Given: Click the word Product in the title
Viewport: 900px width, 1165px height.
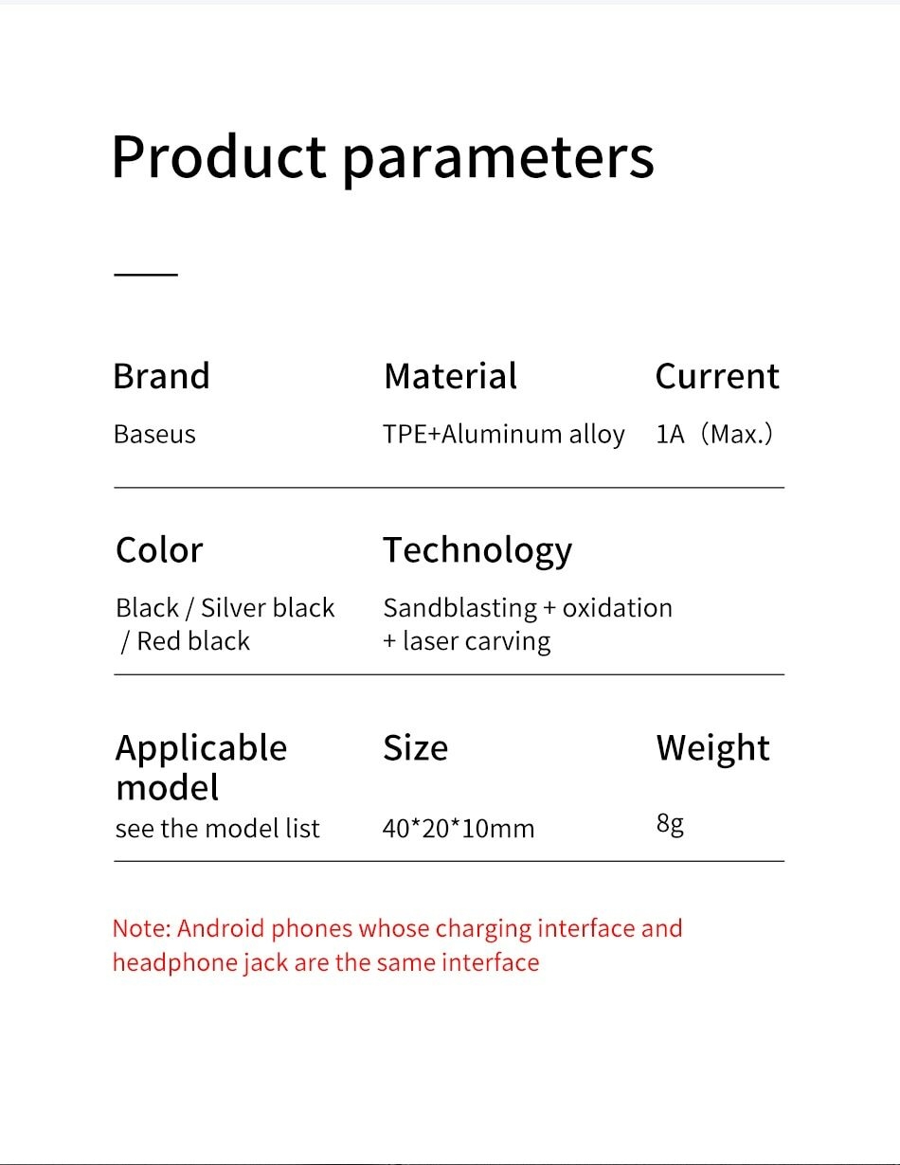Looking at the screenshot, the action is (x=219, y=156).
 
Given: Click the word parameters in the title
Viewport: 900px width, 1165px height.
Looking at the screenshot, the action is (x=498, y=160).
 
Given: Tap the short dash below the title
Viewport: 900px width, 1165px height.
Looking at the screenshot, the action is (x=146, y=275).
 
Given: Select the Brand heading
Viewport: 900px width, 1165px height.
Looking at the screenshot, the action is (x=161, y=376).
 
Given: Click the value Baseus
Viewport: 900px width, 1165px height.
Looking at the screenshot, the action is (x=154, y=434).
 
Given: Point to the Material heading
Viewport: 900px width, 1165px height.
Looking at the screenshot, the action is (x=450, y=376).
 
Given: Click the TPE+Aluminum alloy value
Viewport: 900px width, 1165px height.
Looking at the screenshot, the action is (x=504, y=434).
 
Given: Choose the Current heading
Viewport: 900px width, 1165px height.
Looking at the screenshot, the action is (x=717, y=376).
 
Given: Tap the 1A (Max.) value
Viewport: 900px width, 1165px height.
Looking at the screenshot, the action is (x=714, y=434).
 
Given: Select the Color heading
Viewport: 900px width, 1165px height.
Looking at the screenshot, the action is (x=159, y=550).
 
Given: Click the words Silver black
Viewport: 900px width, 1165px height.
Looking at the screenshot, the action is (x=267, y=608).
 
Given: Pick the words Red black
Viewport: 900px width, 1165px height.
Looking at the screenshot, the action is (x=193, y=641).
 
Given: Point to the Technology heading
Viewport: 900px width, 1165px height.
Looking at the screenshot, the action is (x=477, y=551).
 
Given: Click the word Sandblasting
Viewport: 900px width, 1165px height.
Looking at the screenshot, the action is (x=460, y=609).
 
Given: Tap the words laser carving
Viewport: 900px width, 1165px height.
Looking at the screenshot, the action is (x=477, y=642).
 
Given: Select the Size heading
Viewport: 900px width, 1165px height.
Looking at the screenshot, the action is (x=416, y=748).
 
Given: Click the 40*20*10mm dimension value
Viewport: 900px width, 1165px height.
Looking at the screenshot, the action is (x=459, y=829).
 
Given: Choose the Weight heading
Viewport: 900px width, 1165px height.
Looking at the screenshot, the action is (x=713, y=749).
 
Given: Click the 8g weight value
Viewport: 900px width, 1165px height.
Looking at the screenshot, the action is (x=670, y=824).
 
